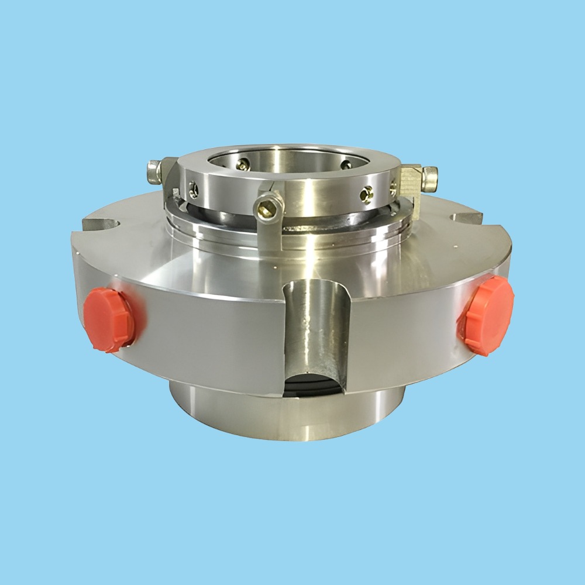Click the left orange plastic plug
click(109, 319)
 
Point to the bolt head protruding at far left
click(154, 172)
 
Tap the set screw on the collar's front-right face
click(367, 192)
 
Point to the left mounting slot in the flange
click(102, 223)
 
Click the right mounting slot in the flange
click(467, 218)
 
